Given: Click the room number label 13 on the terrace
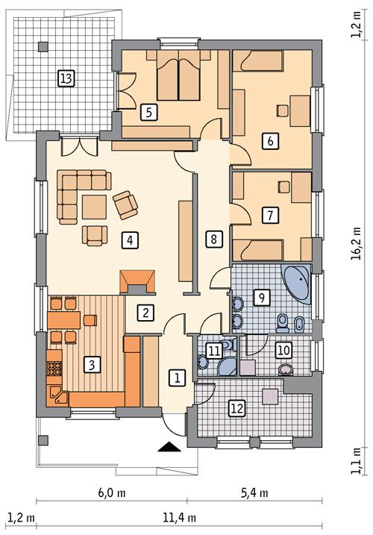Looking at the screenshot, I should (x=66, y=78).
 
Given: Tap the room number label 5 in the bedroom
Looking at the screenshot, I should (x=149, y=113).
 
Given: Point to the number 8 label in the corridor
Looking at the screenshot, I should (x=213, y=240).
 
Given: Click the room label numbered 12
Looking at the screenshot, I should (x=237, y=407).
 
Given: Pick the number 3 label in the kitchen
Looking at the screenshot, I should (x=90, y=365).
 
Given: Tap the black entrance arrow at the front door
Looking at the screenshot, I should (x=171, y=447).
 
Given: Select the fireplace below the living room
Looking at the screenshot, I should (x=138, y=281).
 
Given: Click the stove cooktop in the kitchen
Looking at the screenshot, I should (x=54, y=367).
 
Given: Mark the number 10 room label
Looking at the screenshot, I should (x=283, y=348).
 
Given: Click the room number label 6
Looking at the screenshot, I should (x=270, y=140).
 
